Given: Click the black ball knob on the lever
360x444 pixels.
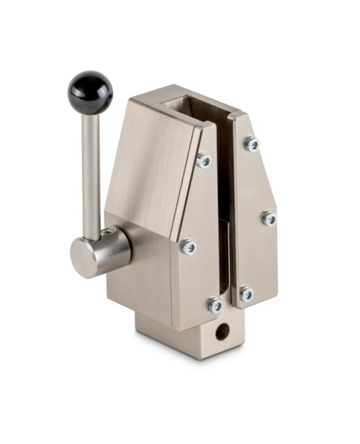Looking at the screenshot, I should coord(91,92).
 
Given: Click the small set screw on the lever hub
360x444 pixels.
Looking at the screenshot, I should coord(108,232).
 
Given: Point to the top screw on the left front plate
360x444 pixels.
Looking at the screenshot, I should coord(203,160).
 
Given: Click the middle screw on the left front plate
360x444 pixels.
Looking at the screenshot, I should coord(188,247).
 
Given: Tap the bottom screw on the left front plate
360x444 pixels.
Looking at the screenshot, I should coord(215,304).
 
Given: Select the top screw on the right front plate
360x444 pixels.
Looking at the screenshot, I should coord(253,144).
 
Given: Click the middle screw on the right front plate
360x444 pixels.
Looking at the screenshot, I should coord(269,218).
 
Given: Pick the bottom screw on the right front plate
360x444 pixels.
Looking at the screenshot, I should coord(246,294).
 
